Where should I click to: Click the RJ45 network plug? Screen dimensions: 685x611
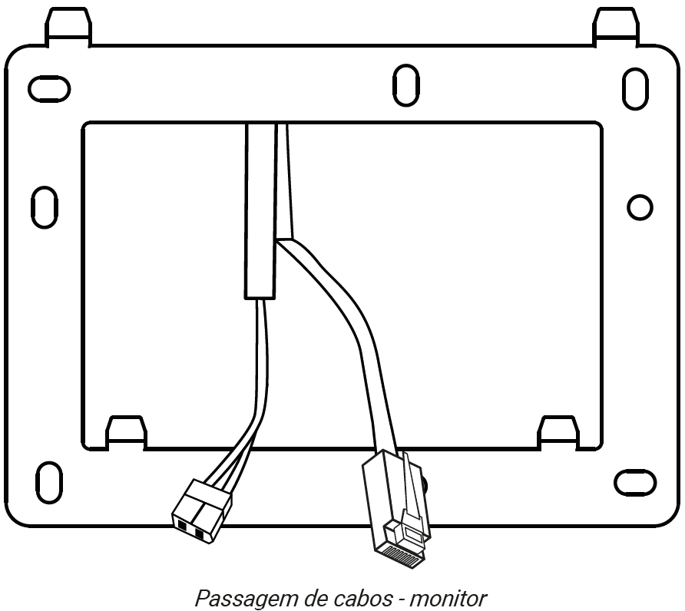pyautogui.click(x=395, y=509)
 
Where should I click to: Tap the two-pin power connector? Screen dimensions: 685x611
pyautogui.click(x=202, y=511)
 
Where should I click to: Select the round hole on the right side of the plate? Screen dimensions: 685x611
pyautogui.click(x=640, y=207)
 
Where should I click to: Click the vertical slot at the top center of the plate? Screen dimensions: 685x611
pyautogui.click(x=405, y=85)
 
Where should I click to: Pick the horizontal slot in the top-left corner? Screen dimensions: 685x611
pyautogui.click(x=49, y=89)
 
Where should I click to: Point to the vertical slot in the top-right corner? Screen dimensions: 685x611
pyautogui.click(x=635, y=89)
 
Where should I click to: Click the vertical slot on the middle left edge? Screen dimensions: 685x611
pyautogui.click(x=45, y=207)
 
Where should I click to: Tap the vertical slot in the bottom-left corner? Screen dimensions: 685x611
pyautogui.click(x=49, y=482)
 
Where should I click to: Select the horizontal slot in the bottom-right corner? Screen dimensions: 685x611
pyautogui.click(x=635, y=483)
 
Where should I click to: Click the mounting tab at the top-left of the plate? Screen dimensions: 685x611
pyautogui.click(x=68, y=26)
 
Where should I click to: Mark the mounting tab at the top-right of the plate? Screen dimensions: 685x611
pyautogui.click(x=617, y=26)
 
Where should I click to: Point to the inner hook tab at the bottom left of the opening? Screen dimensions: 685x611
pyautogui.click(x=126, y=432)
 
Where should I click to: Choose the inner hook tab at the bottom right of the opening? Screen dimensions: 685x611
pyautogui.click(x=559, y=432)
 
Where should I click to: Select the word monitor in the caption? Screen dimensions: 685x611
pyautogui.click(x=448, y=598)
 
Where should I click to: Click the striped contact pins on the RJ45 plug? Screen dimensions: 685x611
pyautogui.click(x=402, y=557)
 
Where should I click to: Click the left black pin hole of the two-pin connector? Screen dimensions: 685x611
pyautogui.click(x=182, y=526)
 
